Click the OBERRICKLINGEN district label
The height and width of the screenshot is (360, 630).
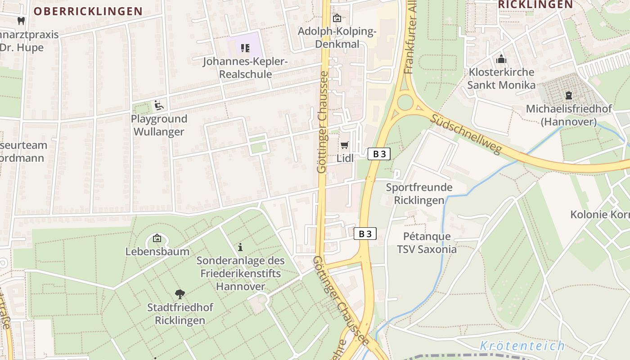click(x=88, y=11)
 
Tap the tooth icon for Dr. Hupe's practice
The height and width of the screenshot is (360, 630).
click(x=21, y=20)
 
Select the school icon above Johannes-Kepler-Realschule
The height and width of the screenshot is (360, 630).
click(x=245, y=48)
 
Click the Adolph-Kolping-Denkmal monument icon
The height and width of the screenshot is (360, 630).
click(x=337, y=18)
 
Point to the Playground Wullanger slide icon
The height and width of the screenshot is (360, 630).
click(x=158, y=105)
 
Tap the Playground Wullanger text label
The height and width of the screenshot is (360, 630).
click(x=159, y=126)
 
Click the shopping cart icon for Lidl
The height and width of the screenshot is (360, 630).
click(x=345, y=144)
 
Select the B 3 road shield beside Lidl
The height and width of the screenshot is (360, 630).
click(x=379, y=154)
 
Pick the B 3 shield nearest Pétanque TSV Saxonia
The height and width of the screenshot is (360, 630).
click(x=365, y=234)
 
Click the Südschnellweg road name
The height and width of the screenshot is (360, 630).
click(x=465, y=134)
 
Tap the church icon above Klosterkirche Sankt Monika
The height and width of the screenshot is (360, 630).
click(x=501, y=59)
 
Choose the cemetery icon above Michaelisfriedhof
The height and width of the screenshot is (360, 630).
click(x=569, y=95)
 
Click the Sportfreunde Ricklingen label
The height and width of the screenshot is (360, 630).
click(x=419, y=194)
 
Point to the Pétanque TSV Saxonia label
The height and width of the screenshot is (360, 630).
click(x=427, y=243)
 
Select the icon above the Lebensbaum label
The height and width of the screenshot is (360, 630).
click(x=157, y=238)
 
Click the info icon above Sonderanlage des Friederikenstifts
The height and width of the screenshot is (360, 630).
click(x=240, y=247)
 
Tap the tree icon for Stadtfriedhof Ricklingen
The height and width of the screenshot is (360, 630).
click(x=180, y=294)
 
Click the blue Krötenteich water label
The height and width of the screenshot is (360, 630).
click(x=522, y=346)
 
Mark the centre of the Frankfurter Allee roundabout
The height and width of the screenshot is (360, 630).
click(x=405, y=102)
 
